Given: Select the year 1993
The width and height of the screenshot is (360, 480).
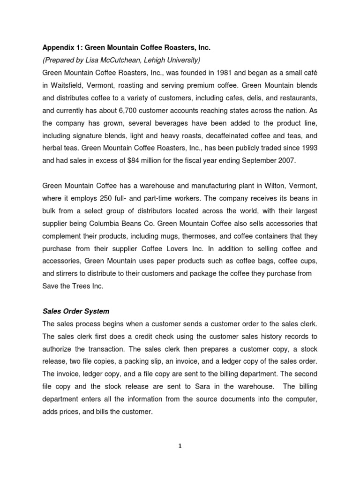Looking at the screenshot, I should click(x=307, y=150).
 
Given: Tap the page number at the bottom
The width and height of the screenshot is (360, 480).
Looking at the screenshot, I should click(x=180, y=446).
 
